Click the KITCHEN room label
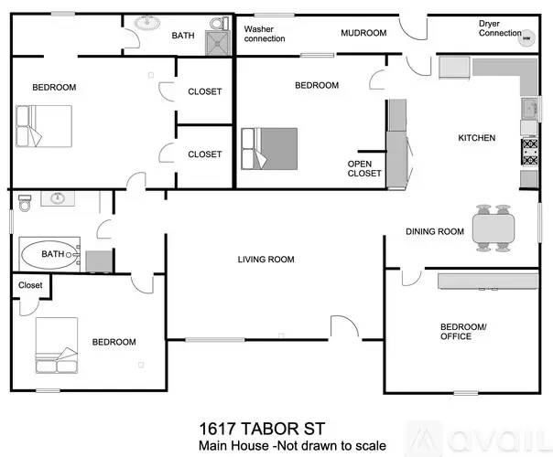click(x=476, y=138)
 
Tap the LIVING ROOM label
click(x=266, y=260)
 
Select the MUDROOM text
click(x=363, y=33)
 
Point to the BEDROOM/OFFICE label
click(x=456, y=331)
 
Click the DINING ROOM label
click(x=435, y=231)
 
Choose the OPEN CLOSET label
click(x=363, y=167)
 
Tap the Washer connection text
click(x=264, y=34)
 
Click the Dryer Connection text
click(x=500, y=28)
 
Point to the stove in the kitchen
click(x=530, y=150)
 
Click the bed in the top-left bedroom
click(x=43, y=125)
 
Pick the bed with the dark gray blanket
click(x=270, y=148)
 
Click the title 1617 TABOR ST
click(x=263, y=428)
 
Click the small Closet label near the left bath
click(x=30, y=285)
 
